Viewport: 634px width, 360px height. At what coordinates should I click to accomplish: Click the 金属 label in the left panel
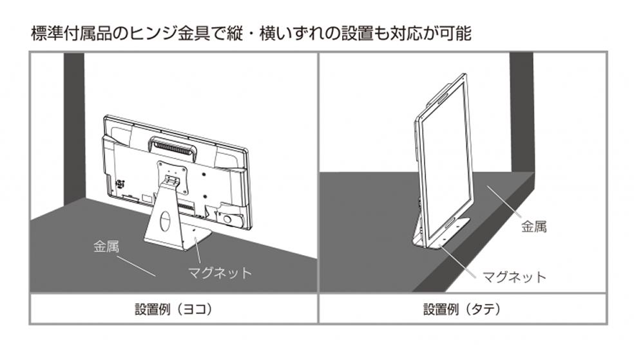point(108,245)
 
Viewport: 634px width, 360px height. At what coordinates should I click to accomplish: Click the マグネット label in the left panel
point(220,272)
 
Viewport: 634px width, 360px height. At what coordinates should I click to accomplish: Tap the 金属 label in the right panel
point(533,227)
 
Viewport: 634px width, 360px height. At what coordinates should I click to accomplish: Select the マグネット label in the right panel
point(514,277)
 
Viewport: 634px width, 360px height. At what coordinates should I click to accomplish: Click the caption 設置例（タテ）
point(462,308)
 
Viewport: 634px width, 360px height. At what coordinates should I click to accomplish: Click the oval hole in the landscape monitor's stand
point(164,222)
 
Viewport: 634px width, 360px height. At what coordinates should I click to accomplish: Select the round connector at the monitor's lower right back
point(229,217)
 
